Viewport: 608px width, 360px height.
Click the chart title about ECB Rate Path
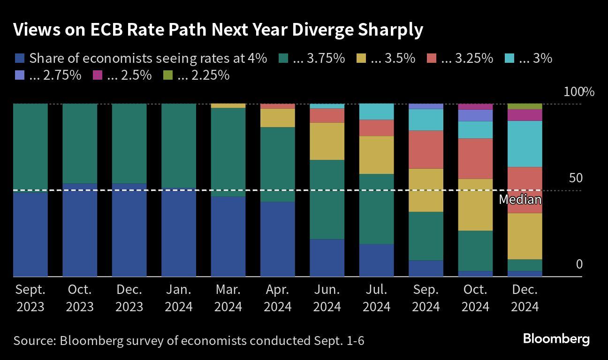218,30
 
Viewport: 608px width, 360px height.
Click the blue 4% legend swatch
19,59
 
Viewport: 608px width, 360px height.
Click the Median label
520,200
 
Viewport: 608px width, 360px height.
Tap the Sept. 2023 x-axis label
30,298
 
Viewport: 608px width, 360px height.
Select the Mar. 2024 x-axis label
228,298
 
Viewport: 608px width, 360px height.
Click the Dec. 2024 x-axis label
524,298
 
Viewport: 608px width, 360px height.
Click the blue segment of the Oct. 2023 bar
80,230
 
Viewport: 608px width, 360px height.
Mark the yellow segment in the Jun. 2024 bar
327,141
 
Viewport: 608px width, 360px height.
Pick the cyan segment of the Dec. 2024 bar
525,144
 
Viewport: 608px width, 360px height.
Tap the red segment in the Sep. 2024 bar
426,149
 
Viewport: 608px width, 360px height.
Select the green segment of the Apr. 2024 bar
278,164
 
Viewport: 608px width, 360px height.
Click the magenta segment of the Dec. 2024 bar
525,115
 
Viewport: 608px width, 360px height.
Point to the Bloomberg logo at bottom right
556,339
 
